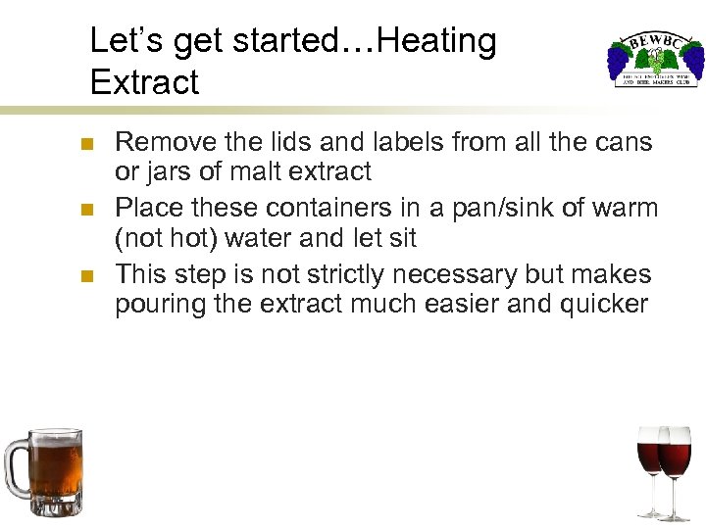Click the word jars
(x=170, y=172)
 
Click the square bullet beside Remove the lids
(x=86, y=145)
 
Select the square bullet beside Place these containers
(x=86, y=211)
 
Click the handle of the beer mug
(x=15, y=466)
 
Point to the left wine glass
(x=651, y=460)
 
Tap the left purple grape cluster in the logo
(x=619, y=62)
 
